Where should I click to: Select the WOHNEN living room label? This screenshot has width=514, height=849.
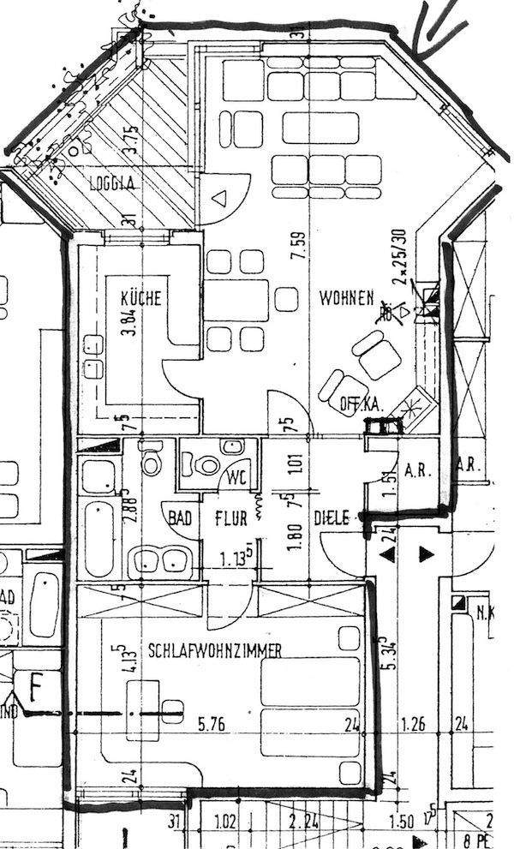pyautogui.click(x=346, y=298)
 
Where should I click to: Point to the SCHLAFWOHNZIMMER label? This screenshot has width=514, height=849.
pyautogui.click(x=215, y=650)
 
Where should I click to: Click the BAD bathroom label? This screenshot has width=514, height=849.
pyautogui.click(x=180, y=518)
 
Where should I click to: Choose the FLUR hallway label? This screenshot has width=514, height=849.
pyautogui.click(x=230, y=518)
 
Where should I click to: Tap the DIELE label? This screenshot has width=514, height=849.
pyautogui.click(x=332, y=518)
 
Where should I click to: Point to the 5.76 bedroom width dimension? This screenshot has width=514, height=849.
pyautogui.click(x=212, y=725)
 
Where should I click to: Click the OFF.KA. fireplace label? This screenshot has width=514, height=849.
pyautogui.click(x=361, y=404)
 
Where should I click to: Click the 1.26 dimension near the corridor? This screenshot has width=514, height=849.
pyautogui.click(x=414, y=725)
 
